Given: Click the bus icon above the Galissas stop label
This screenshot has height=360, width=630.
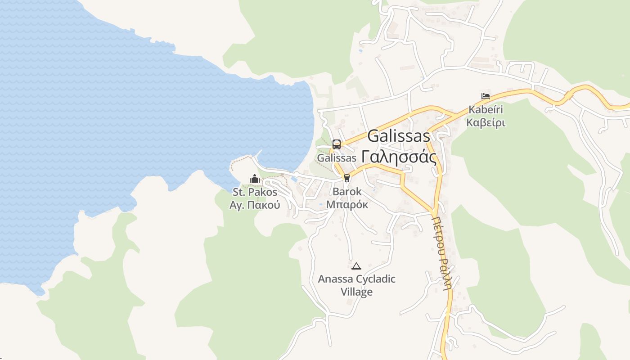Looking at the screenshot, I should pyautogui.click(x=337, y=144).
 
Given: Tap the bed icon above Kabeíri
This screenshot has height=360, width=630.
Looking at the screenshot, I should pyautogui.click(x=485, y=96).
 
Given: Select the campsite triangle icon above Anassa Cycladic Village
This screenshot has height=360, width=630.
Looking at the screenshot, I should pyautogui.click(x=356, y=266).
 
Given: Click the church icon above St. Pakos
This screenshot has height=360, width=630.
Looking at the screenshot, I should pyautogui.click(x=255, y=179).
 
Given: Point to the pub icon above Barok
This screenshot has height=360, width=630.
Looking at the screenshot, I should pyautogui.click(x=346, y=178).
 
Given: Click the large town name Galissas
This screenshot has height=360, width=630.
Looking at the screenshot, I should pyautogui.click(x=399, y=136).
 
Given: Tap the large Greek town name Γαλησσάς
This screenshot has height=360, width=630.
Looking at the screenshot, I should pyautogui.click(x=399, y=157).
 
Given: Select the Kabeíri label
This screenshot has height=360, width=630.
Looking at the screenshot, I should pyautogui.click(x=486, y=109).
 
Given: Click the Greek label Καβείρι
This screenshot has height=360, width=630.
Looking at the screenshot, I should pyautogui.click(x=486, y=122).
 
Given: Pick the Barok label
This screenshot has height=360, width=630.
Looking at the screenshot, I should pyautogui.click(x=347, y=191).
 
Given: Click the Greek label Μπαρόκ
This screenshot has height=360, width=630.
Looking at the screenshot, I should pyautogui.click(x=347, y=204).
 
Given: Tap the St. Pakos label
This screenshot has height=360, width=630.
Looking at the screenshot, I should pyautogui.click(x=255, y=192).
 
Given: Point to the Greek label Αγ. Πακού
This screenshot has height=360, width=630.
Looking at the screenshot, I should pyautogui.click(x=255, y=205).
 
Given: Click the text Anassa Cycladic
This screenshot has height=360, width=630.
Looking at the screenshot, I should pyautogui.click(x=356, y=279).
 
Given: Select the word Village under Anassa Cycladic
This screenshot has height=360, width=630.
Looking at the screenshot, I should pyautogui.click(x=356, y=292).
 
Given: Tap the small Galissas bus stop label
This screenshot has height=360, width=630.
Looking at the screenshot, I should pyautogui.click(x=337, y=158).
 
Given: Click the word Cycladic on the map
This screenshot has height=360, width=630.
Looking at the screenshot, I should pyautogui.click(x=375, y=279).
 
